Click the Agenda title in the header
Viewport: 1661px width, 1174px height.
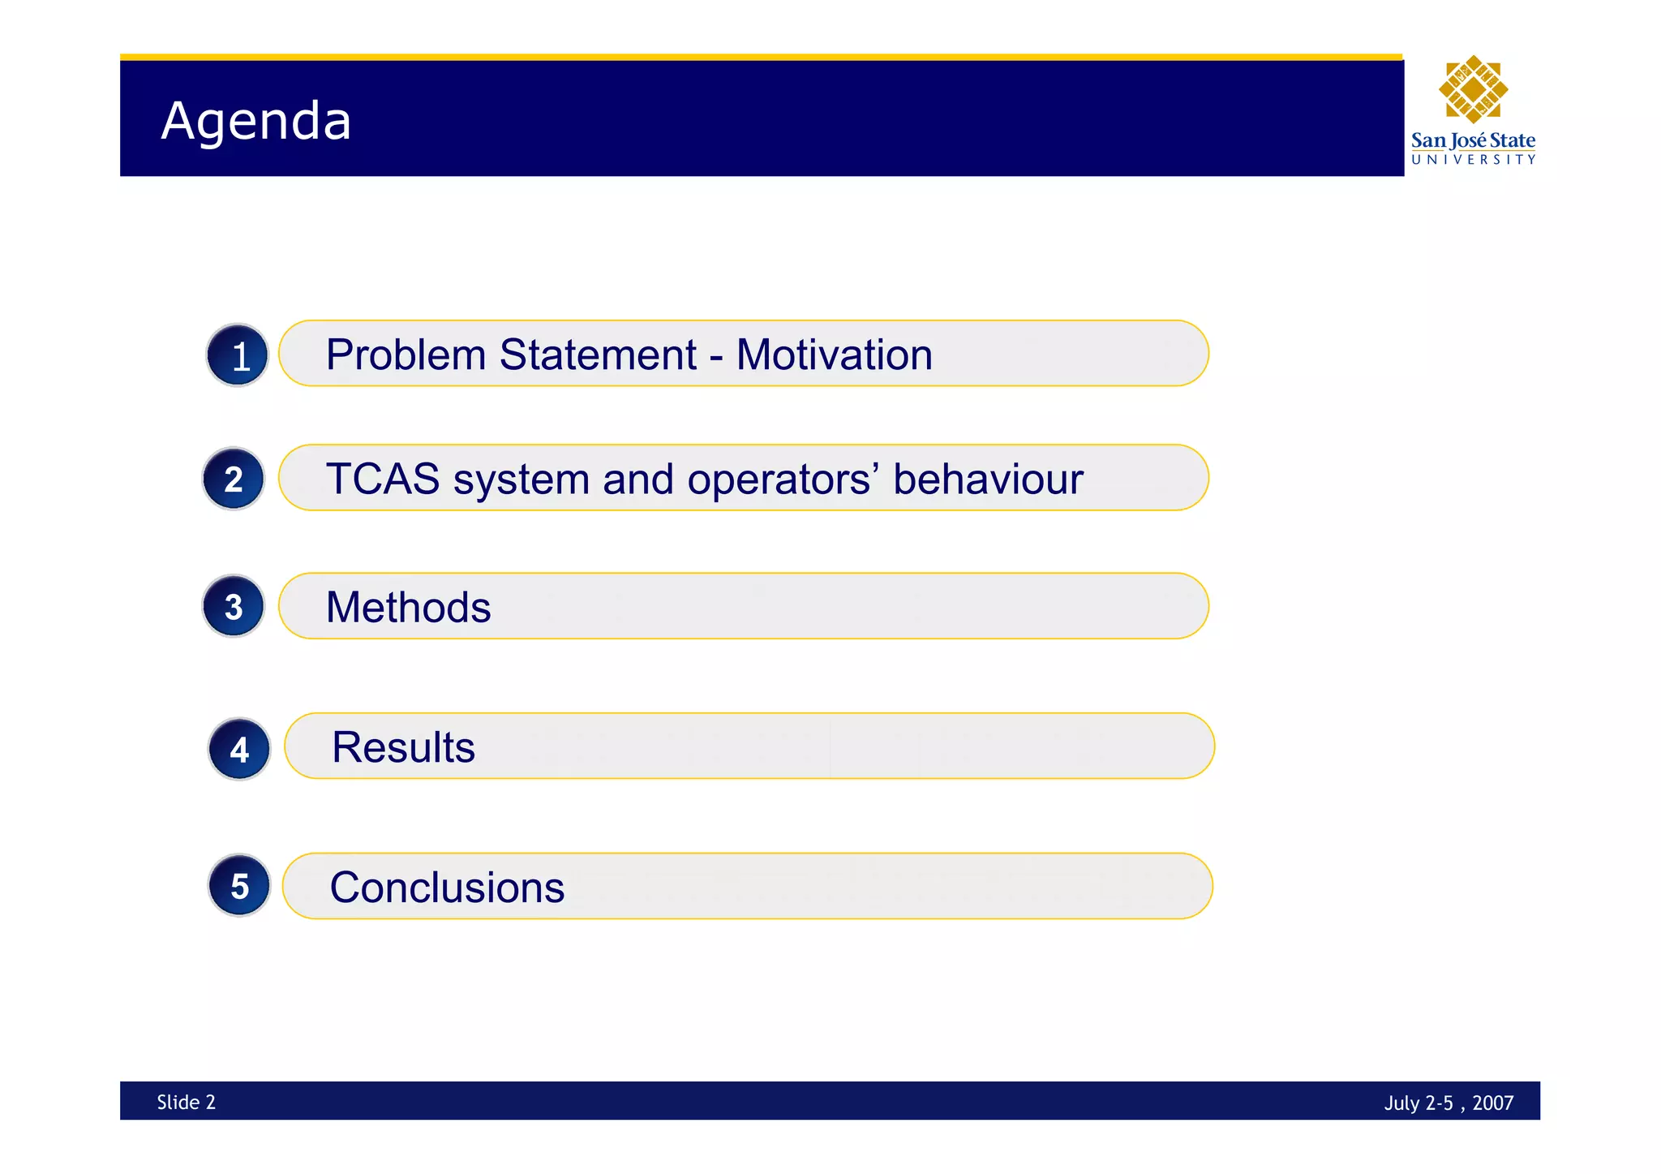(x=256, y=122)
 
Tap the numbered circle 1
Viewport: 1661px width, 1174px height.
(x=238, y=355)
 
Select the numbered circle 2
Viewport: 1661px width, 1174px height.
(x=234, y=479)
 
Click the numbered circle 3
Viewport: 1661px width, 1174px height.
(x=234, y=606)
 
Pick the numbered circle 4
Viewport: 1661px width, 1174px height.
(x=239, y=749)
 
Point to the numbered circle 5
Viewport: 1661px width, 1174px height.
(x=239, y=885)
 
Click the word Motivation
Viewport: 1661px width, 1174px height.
(x=834, y=355)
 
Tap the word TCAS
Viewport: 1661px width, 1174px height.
(x=382, y=479)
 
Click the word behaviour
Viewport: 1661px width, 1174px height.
(x=988, y=479)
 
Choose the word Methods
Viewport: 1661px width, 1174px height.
(x=408, y=607)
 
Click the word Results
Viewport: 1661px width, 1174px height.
(x=403, y=747)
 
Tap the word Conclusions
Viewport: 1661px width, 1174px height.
(x=447, y=887)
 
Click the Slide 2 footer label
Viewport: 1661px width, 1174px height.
(x=186, y=1102)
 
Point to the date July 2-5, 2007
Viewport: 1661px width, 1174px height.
(x=1449, y=1103)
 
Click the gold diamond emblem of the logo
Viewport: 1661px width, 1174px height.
(x=1473, y=89)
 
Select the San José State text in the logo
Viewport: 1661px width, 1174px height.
(x=1473, y=140)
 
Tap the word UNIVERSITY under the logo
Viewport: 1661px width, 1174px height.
(x=1473, y=160)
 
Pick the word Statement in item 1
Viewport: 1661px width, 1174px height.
(x=598, y=355)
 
